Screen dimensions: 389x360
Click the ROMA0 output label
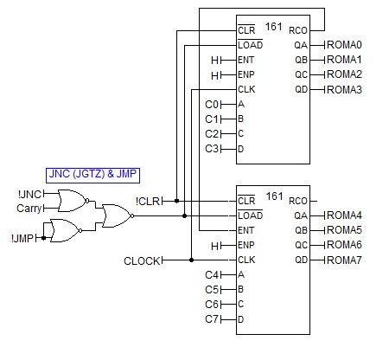344,45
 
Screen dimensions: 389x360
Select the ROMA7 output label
344,260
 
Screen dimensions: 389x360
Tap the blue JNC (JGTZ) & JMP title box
92,175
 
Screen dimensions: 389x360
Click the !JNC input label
29,194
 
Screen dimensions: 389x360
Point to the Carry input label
29,209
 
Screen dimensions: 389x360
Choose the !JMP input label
22,239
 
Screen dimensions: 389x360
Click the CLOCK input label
142,261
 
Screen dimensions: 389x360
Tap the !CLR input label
148,201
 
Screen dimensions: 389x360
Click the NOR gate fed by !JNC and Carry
73,201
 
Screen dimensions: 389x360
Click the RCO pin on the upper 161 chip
298,30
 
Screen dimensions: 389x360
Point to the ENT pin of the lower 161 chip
246,230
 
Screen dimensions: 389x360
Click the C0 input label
212,105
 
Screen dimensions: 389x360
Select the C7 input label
212,319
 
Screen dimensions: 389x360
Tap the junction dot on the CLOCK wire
191,260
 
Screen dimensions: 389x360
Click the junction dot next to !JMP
43,238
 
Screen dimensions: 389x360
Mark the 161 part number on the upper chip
274,27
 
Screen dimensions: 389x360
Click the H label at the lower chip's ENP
215,246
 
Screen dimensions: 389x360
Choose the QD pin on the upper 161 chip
301,89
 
